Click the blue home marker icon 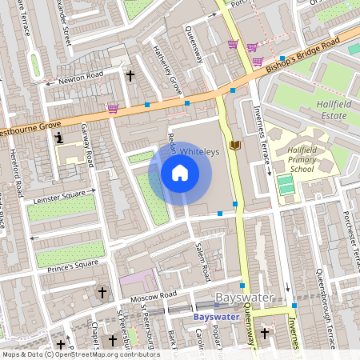point(180,172)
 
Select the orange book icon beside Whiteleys point(234,145)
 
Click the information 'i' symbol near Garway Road point(58,138)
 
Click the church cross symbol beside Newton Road point(130,76)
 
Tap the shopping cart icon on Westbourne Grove point(113,107)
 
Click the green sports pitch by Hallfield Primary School point(286,185)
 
